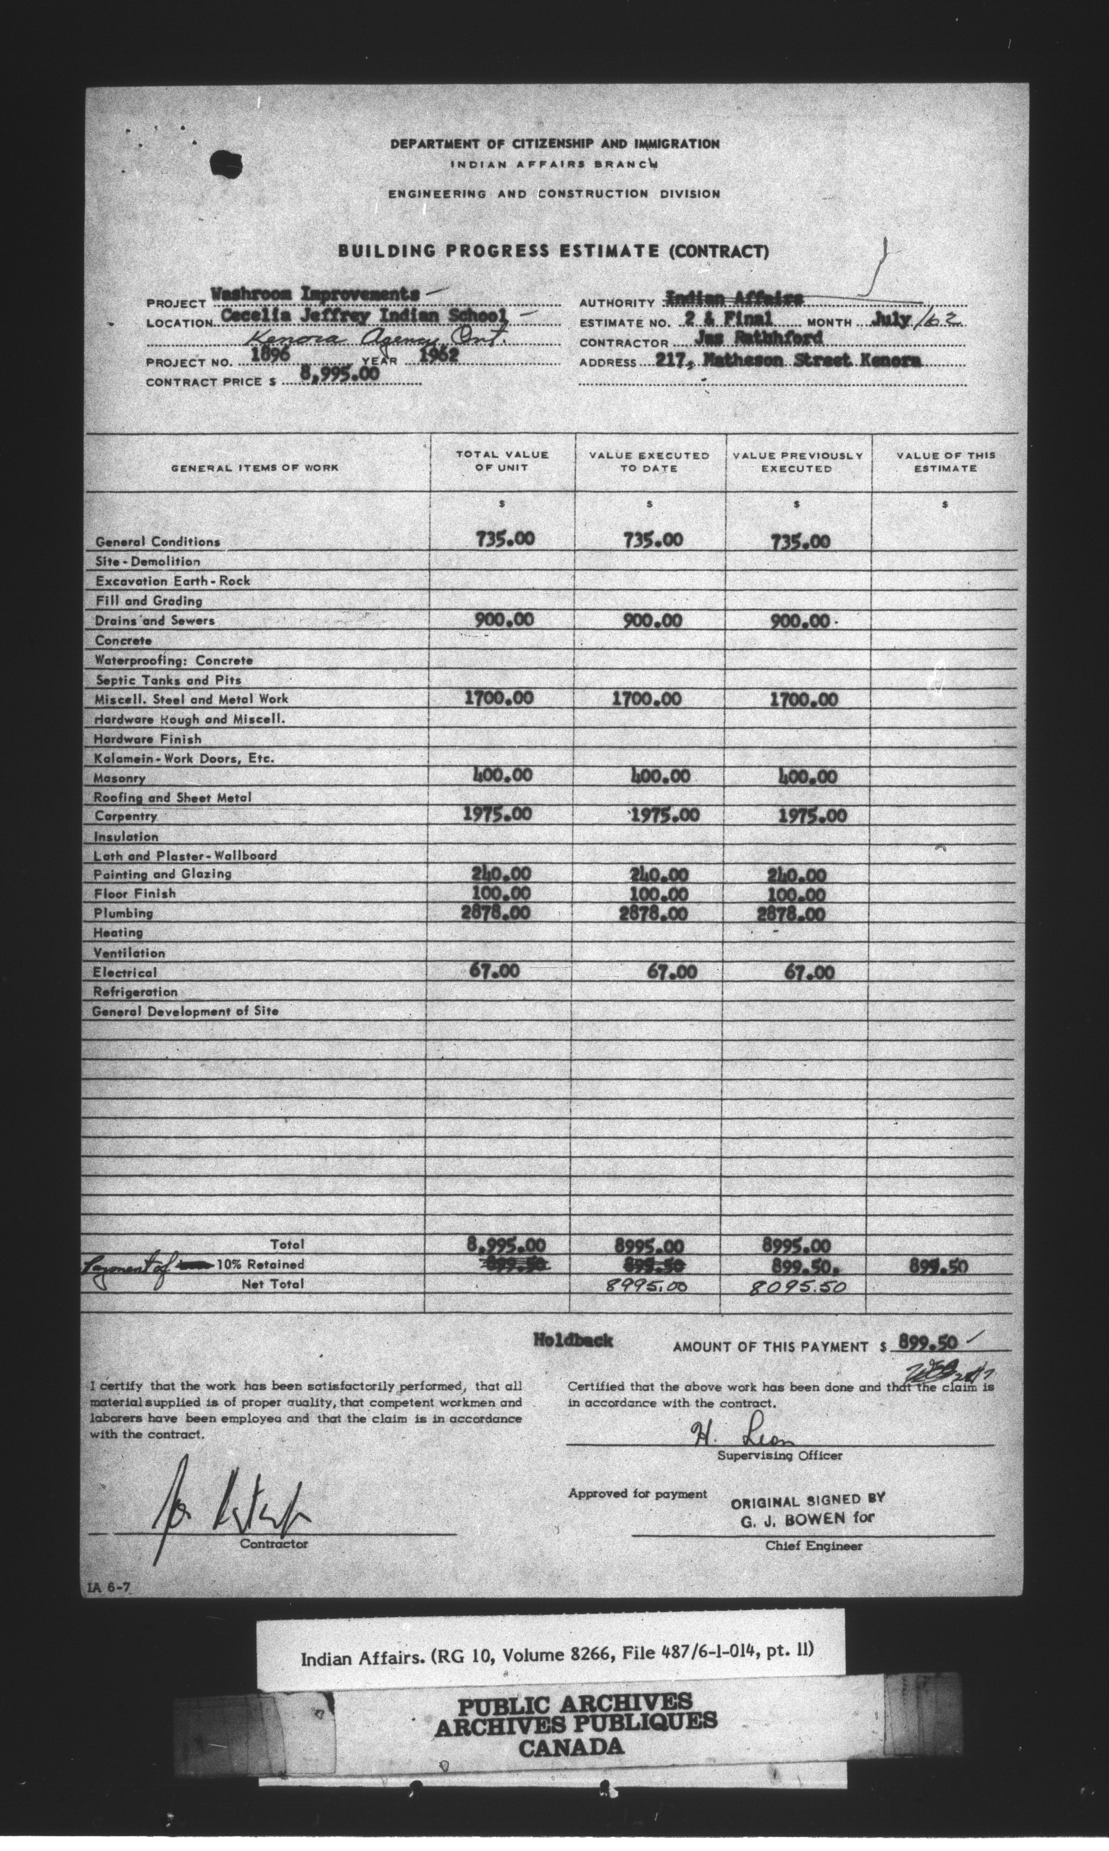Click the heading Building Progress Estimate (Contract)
553,251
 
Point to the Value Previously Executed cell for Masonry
807,777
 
